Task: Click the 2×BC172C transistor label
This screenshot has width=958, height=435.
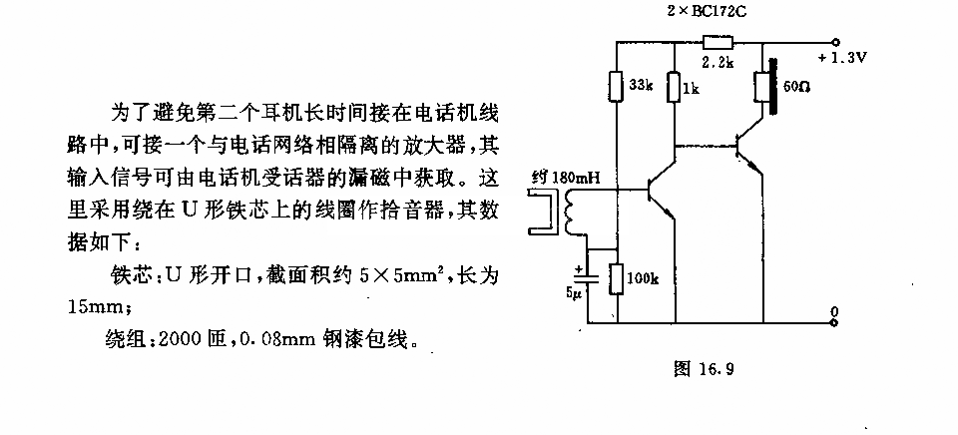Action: click(706, 12)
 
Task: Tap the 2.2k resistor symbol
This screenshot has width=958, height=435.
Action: click(718, 42)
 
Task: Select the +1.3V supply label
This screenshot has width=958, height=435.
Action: click(842, 59)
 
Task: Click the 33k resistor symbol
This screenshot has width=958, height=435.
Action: click(617, 86)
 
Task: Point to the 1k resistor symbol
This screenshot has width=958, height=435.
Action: click(674, 87)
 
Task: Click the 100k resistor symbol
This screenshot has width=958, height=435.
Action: click(617, 279)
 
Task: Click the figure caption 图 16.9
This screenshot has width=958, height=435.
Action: click(704, 368)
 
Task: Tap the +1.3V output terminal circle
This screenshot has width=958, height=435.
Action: click(835, 42)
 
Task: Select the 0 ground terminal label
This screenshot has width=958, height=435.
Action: click(835, 310)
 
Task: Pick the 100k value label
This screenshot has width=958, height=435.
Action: click(643, 279)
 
